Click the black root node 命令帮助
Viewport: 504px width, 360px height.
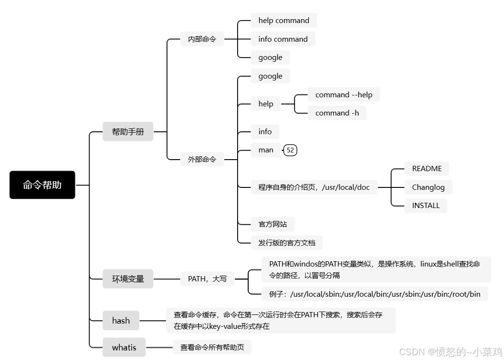tap(42, 185)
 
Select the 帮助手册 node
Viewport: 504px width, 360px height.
tap(128, 131)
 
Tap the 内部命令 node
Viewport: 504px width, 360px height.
tap(202, 39)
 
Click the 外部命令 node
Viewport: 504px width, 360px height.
tap(202, 159)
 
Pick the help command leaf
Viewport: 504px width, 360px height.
tap(284, 21)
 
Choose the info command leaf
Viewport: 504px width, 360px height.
tap(283, 39)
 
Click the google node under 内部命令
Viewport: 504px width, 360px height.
tap(270, 58)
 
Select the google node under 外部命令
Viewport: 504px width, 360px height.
tap(270, 76)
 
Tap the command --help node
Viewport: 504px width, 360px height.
tap(344, 94)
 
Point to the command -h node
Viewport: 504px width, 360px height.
tap(337, 113)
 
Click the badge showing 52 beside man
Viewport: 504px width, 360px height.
tap(290, 150)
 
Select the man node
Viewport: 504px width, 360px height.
tap(266, 150)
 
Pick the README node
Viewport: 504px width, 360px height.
tap(427, 169)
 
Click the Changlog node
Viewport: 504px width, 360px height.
tap(428, 187)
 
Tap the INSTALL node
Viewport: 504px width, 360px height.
tap(426, 206)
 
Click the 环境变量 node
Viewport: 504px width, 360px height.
tap(128, 279)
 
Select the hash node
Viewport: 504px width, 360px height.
tap(121, 321)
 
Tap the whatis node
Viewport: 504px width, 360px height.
tap(124, 348)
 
